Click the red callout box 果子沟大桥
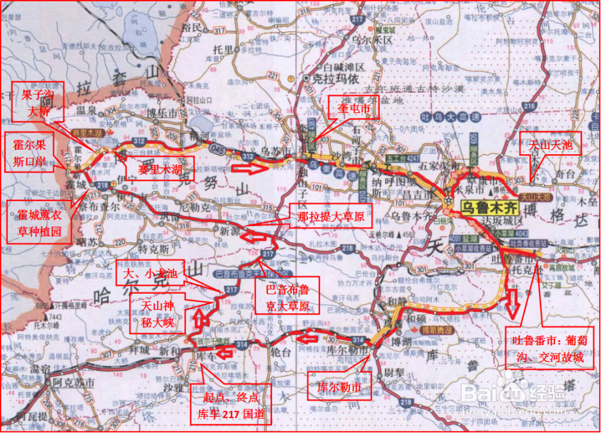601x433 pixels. click(37, 101)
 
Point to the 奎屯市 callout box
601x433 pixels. click(353, 108)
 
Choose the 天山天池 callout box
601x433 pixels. click(550, 144)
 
